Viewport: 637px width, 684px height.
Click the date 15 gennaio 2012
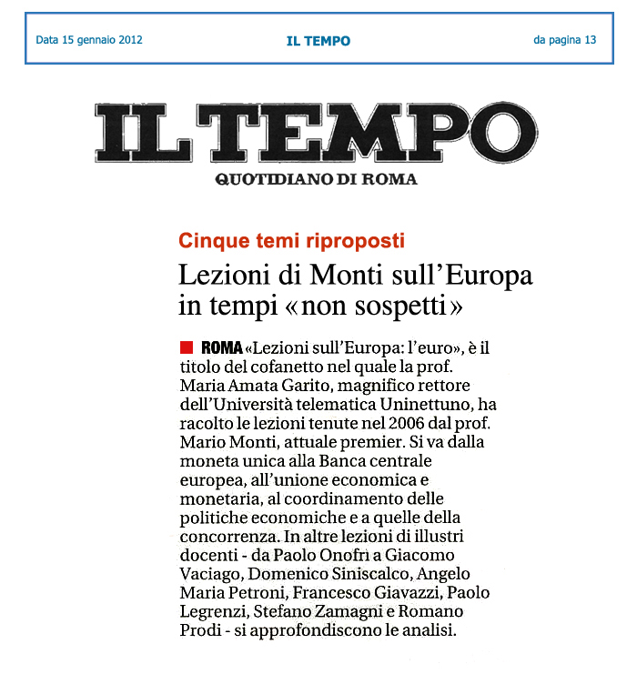click(102, 40)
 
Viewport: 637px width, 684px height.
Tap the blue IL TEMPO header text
click(318, 41)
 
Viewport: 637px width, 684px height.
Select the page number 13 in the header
click(591, 40)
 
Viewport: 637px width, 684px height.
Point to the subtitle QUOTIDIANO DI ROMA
click(316, 179)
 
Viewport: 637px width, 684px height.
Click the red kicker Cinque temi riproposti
click(291, 241)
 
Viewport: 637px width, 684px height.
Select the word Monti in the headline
click(342, 274)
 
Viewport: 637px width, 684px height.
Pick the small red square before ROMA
click(187, 347)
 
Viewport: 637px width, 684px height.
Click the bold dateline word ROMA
click(220, 347)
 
